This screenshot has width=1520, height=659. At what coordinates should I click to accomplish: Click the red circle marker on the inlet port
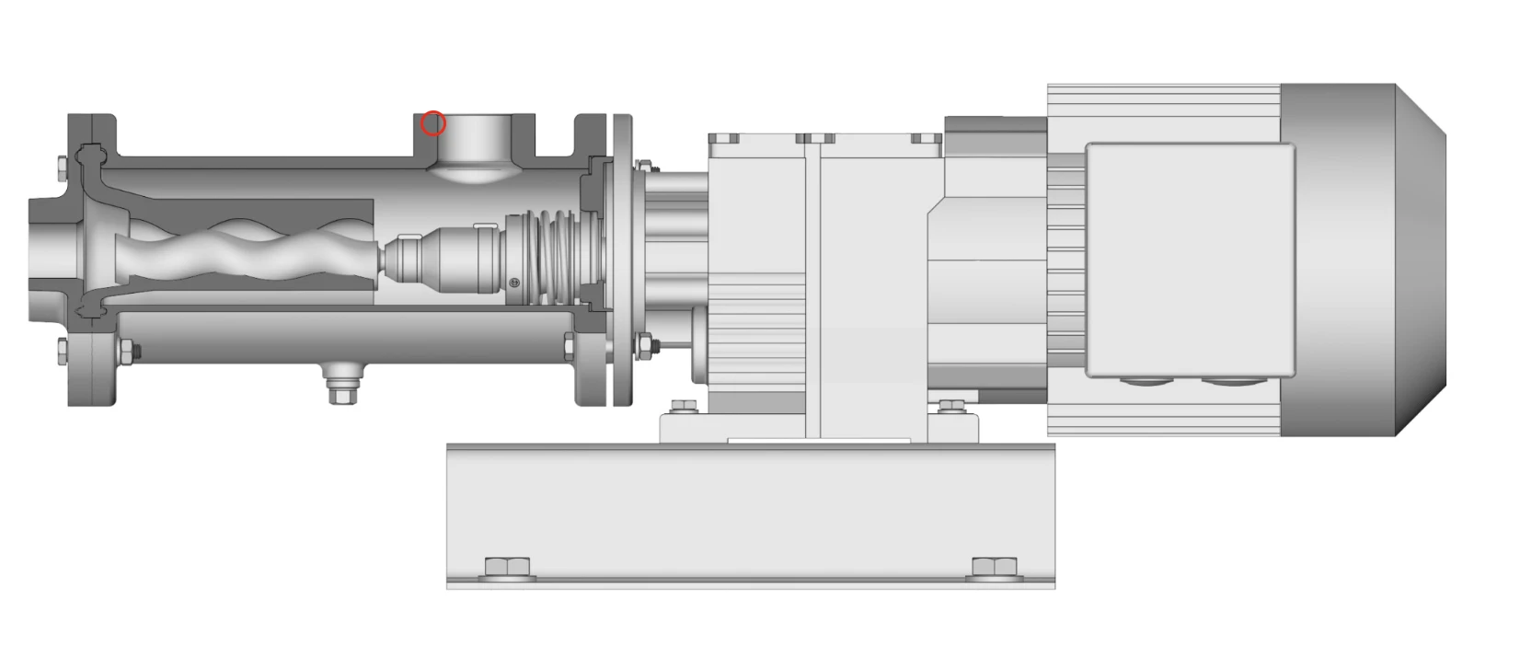pos(433,123)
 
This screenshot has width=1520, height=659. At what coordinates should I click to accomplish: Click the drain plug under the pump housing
pos(342,382)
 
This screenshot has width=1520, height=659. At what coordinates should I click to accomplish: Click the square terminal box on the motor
pos(1190,260)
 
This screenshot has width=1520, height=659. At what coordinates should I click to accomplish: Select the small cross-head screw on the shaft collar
pos(514,283)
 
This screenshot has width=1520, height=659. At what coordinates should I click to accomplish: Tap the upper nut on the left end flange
pos(62,168)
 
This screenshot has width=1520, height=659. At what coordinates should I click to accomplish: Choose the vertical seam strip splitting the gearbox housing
pos(813,285)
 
